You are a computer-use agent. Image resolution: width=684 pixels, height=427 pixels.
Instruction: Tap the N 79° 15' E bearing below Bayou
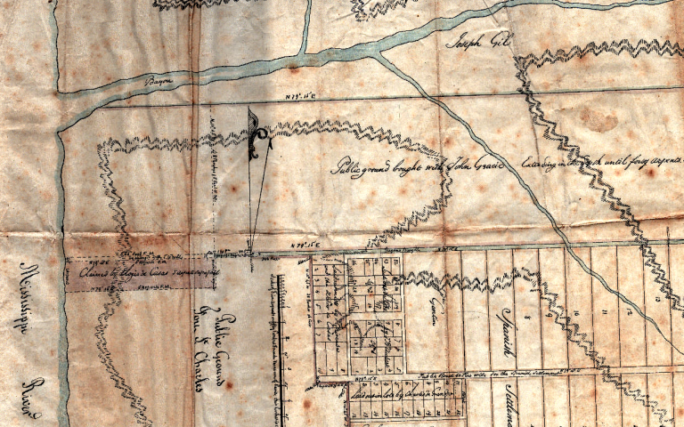point(294,96)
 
